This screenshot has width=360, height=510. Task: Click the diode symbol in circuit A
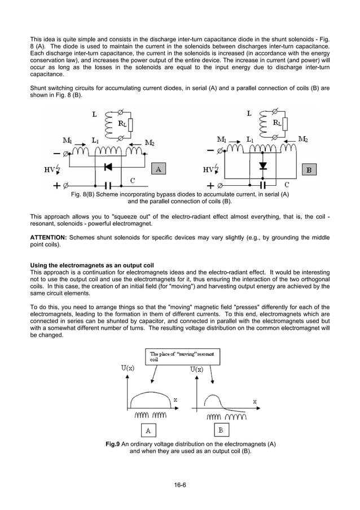tap(108, 167)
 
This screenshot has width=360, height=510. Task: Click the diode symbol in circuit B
tap(262, 166)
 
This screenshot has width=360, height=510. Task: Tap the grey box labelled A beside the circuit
tap(159, 168)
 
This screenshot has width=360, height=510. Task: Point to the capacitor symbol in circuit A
tap(109, 185)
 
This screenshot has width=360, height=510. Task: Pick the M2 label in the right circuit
tap(303, 139)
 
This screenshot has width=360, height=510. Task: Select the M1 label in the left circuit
tap(70, 139)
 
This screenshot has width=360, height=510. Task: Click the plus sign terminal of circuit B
tap(210, 185)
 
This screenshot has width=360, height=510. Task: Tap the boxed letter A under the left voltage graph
tap(148, 430)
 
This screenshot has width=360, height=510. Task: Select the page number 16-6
tap(180, 484)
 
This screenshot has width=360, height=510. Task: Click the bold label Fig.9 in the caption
tap(112, 444)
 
